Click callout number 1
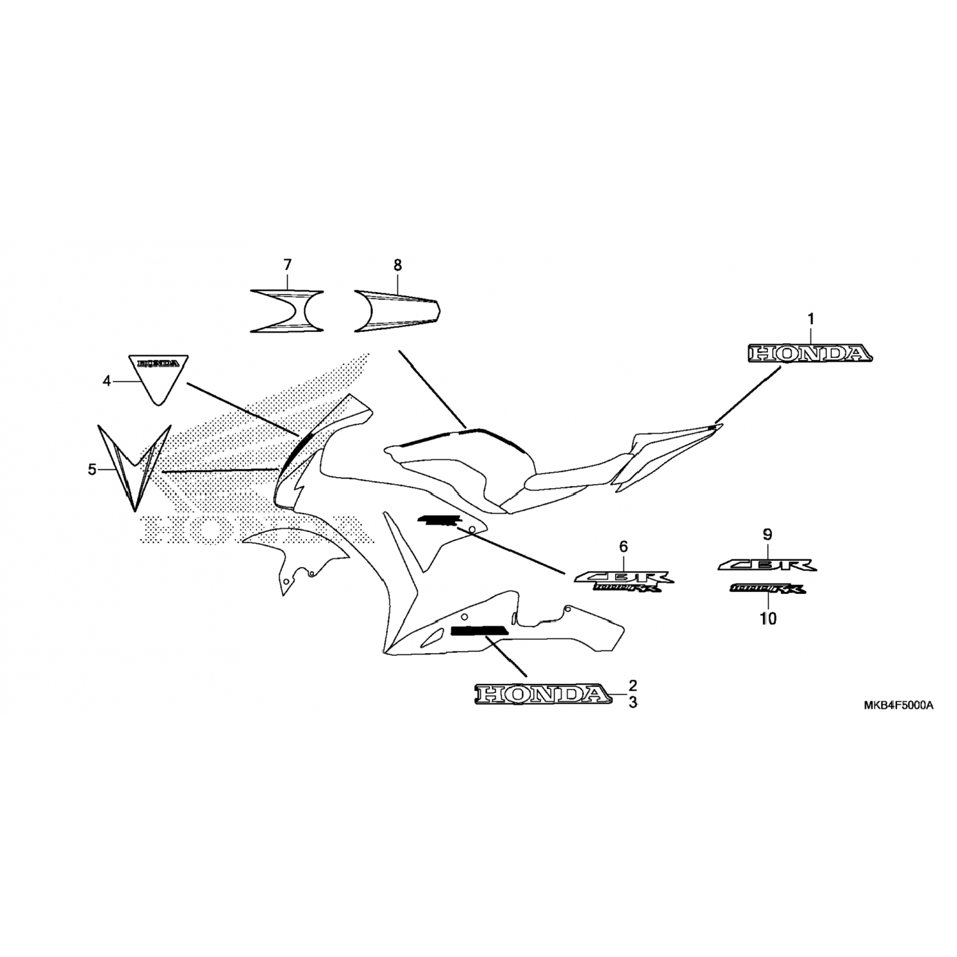(811, 318)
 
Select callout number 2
(632, 686)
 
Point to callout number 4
(107, 381)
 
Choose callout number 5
(92, 470)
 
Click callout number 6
(623, 546)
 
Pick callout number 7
(287, 264)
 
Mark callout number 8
(397, 264)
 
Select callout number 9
(768, 534)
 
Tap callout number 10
(768, 618)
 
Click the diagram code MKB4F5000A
(898, 706)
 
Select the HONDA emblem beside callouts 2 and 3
(541, 694)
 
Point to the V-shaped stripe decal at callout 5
(135, 469)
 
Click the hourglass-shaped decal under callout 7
(286, 311)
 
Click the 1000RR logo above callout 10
(768, 589)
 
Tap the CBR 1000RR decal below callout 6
(623, 581)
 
